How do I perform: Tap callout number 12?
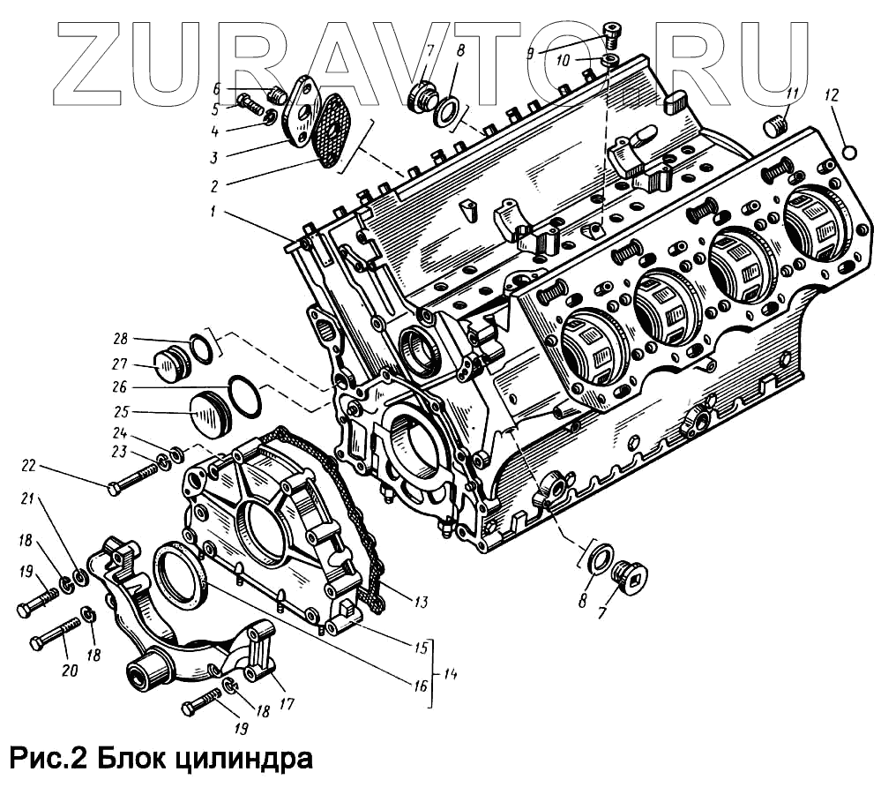(833, 94)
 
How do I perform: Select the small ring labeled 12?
(850, 152)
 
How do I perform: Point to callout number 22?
(27, 466)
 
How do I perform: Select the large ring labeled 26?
(245, 397)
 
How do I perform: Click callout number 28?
(120, 339)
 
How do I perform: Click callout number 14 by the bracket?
(450, 675)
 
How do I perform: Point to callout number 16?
(420, 686)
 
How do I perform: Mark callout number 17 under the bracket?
(287, 703)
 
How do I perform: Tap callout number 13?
(421, 603)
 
